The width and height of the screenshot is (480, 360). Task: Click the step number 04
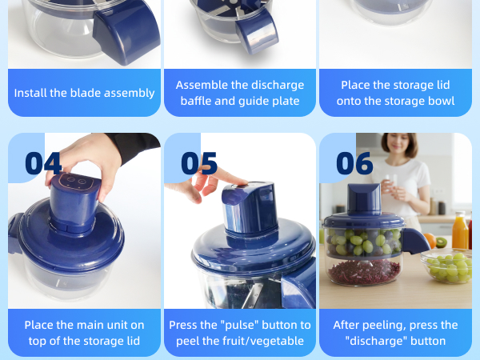pos(43,162)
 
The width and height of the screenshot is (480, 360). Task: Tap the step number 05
pos(199,162)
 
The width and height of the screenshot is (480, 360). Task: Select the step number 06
pos(354,162)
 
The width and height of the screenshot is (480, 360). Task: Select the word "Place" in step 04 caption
pos(40,325)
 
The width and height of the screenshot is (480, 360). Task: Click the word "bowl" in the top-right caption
pos(440,101)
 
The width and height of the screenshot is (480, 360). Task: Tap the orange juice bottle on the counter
pos(459,231)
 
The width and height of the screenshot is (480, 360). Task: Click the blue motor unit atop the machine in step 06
pos(364,200)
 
